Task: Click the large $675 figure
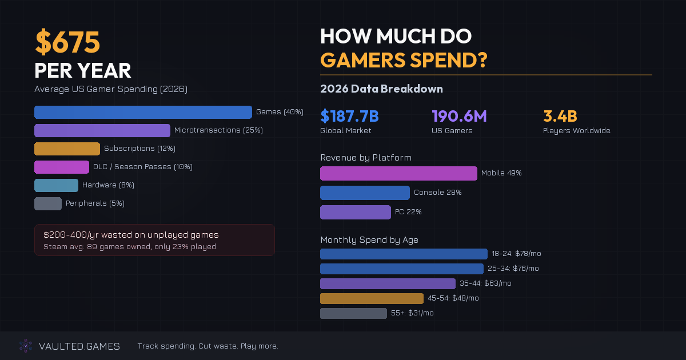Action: (67, 42)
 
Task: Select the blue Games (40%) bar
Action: (143, 112)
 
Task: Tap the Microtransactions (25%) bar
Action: (102, 130)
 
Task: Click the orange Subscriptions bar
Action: (67, 149)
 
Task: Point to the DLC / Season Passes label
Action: (142, 167)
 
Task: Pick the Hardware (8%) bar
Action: (56, 185)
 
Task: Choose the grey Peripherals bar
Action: (48, 203)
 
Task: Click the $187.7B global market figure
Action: (349, 117)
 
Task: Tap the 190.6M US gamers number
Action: (459, 117)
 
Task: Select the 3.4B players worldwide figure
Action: (560, 117)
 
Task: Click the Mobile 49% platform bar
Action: (398, 173)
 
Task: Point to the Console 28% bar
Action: (365, 193)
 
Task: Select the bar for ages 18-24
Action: (404, 254)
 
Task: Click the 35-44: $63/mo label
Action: (485, 283)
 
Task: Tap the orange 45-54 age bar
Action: (372, 298)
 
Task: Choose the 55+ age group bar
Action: (353, 313)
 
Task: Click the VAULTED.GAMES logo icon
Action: (26, 346)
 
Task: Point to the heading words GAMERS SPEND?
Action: (403, 60)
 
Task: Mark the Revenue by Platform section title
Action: (366, 158)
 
